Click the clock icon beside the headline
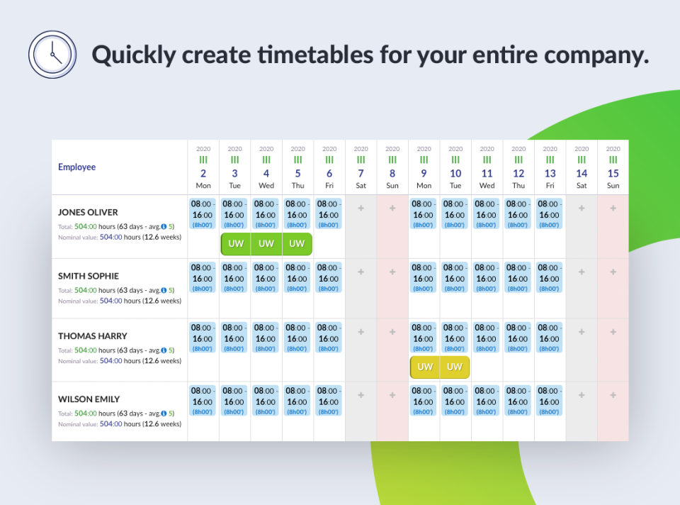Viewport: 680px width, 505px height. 52,55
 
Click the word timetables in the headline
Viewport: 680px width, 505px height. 315,55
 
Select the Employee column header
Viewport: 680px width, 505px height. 76,167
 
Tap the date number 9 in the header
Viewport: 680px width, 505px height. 424,174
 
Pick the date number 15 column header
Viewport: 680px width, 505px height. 613,174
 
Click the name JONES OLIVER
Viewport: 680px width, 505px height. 88,212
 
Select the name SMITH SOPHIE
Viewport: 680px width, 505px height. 89,276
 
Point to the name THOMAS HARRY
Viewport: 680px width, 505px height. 92,336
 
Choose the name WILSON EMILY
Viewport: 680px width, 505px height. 89,399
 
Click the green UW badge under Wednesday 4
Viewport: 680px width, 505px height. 266,244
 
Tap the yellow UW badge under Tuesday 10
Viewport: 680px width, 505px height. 455,367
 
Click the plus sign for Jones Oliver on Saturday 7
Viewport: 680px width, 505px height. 361,209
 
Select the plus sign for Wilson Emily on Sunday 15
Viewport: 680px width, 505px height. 613,395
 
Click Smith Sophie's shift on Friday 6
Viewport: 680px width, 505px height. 328,277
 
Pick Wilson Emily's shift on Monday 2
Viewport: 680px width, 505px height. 203,400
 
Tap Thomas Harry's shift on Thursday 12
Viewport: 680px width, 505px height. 518,337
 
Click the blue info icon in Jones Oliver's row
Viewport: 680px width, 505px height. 164,227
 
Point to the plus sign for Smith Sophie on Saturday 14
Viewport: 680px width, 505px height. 582,272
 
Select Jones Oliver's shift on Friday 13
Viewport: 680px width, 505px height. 549,213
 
